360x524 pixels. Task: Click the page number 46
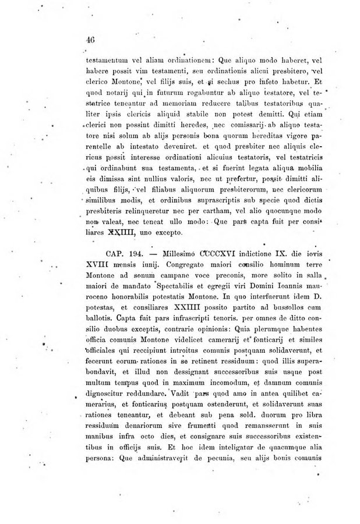click(x=90, y=39)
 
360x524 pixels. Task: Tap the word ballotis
click(x=99, y=327)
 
